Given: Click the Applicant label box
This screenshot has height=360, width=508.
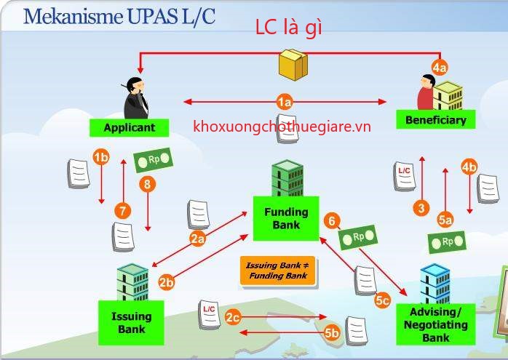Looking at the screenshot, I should click(x=129, y=127).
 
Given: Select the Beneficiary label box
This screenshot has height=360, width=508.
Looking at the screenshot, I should click(x=435, y=119).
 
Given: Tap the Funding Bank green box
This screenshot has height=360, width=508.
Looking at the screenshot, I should click(x=286, y=218).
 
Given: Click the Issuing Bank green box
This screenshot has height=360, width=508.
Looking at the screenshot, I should click(x=131, y=322).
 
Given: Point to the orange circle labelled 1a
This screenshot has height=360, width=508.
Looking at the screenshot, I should click(x=285, y=102).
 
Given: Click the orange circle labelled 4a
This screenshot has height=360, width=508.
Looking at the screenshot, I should click(x=439, y=68).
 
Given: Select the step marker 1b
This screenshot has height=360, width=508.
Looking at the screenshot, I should click(x=101, y=156).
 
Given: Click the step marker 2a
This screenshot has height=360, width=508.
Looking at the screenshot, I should click(x=198, y=238).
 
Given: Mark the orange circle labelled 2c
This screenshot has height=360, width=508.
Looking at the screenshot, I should click(x=233, y=316).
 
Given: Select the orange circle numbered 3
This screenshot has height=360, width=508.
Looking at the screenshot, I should click(x=421, y=209).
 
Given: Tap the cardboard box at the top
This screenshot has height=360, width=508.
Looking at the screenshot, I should click(x=293, y=64).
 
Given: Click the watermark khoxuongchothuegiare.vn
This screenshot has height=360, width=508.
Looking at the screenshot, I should click(x=282, y=127).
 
